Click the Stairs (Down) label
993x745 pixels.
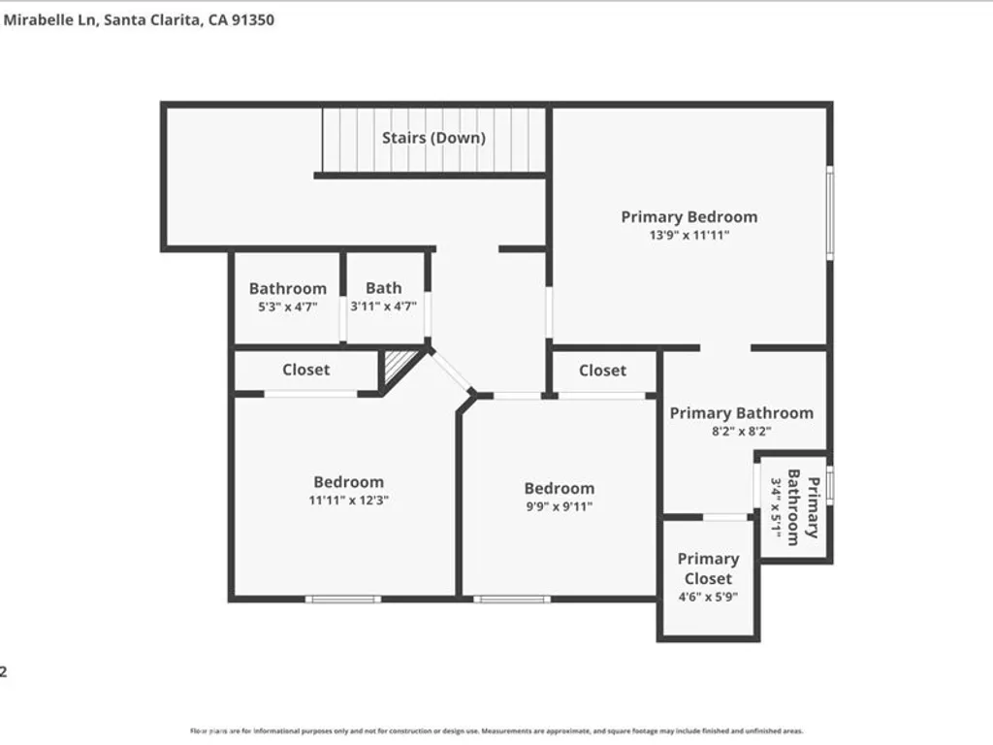(433, 138)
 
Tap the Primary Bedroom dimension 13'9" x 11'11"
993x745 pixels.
(689, 236)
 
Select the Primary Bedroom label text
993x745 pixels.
(689, 216)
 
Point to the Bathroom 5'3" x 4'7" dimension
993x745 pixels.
(287, 308)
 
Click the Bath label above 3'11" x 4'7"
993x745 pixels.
(383, 287)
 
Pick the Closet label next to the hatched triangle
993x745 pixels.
(305, 370)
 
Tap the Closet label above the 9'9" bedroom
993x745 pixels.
(602, 371)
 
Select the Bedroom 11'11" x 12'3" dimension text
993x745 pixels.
(348, 501)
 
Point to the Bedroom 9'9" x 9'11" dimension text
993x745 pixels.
(559, 506)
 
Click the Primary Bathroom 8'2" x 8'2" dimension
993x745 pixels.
(741, 433)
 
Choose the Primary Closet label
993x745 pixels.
(708, 568)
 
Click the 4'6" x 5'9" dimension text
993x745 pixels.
(708, 598)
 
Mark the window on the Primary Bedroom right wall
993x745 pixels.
(829, 212)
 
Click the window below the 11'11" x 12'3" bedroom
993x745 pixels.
(342, 599)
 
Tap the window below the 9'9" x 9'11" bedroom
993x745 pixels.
(511, 599)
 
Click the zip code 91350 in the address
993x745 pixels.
(252, 19)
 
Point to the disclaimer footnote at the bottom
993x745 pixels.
(496, 730)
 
